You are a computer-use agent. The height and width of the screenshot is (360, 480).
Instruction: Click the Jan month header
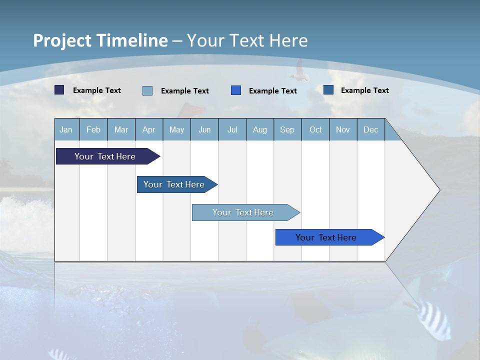point(66,129)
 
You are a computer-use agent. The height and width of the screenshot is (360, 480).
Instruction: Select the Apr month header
point(148,129)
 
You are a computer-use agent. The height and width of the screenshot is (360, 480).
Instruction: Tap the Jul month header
point(232,129)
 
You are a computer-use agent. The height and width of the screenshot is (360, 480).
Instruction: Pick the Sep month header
point(287,129)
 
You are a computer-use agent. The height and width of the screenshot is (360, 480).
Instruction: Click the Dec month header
point(370,129)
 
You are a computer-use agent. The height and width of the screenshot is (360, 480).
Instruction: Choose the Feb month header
point(93,129)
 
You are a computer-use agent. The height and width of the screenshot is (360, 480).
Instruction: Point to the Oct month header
point(315,129)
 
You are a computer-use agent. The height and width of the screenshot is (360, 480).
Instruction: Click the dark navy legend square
point(59,90)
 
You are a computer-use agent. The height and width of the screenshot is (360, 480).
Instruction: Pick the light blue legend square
point(147,90)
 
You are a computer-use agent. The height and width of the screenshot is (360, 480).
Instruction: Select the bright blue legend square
point(236,90)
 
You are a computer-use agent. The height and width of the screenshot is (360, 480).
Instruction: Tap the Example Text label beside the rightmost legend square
point(364,90)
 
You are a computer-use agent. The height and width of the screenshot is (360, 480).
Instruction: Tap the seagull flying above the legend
point(300,71)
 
